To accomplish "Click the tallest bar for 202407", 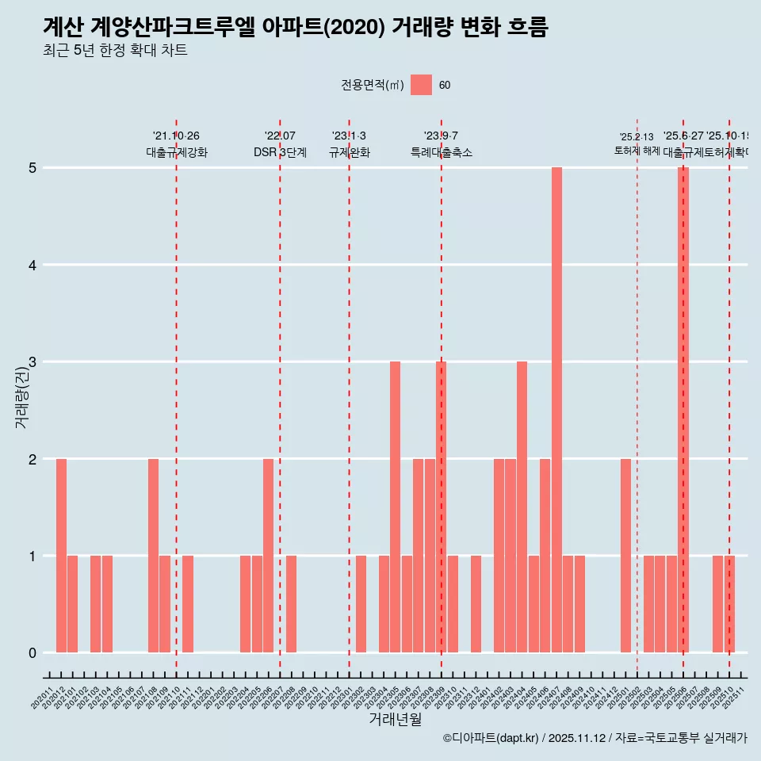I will [556, 410].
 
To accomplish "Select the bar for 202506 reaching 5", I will [683, 410].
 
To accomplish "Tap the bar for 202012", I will [61, 555].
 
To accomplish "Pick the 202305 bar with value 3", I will [395, 507].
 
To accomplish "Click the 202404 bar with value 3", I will [522, 507].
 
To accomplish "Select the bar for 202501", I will [625, 555].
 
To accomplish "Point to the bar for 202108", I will [153, 555].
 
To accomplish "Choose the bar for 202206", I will [268, 555].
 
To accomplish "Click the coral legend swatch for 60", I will [421, 85].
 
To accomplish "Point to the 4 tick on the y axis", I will [33, 265].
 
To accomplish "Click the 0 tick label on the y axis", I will [33, 652].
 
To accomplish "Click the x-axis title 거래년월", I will [395, 719].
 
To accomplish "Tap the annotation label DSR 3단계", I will [280, 152].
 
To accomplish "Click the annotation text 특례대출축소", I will [441, 152].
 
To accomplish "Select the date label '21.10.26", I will [176, 136].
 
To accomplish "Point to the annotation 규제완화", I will [349, 152].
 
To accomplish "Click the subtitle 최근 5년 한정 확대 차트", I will [115, 51].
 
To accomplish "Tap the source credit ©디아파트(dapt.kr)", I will [491, 738].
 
